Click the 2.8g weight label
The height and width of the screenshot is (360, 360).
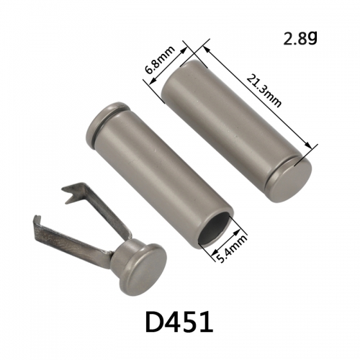300,38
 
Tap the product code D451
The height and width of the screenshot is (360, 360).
179,323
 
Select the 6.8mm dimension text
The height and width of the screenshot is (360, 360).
161,60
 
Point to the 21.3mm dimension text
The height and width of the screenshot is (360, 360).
264,91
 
